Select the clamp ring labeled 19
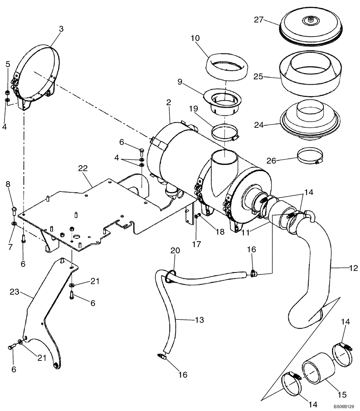[x=225, y=132]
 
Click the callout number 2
[x=169, y=103]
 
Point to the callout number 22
[x=83, y=168]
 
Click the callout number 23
[x=15, y=291]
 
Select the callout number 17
[x=196, y=244]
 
